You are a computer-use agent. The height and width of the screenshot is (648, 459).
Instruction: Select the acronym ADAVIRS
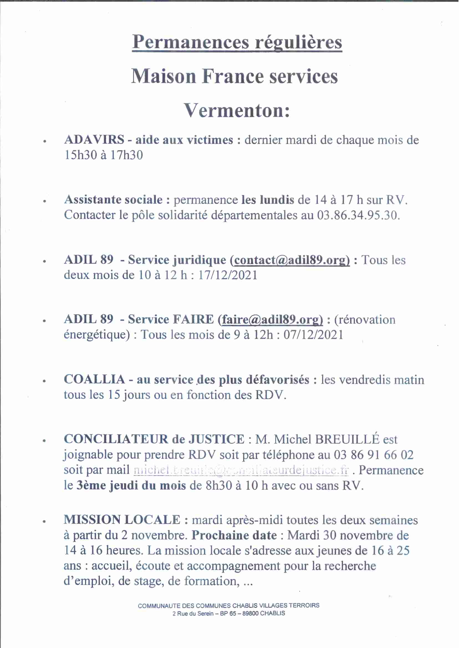(x=94, y=140)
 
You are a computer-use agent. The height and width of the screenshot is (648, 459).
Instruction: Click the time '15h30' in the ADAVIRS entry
(x=80, y=155)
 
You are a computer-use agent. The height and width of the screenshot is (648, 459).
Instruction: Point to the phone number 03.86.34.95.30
(x=358, y=215)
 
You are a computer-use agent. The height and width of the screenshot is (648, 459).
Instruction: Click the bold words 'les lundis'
(x=267, y=200)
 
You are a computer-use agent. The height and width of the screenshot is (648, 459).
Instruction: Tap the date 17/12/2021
(x=228, y=275)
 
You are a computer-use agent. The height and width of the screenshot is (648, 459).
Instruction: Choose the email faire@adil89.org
(x=272, y=319)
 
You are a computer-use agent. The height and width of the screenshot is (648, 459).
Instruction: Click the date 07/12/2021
(x=313, y=335)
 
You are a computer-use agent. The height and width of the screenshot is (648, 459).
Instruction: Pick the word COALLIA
(x=94, y=379)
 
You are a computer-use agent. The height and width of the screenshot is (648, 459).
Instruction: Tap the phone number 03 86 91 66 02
(x=374, y=455)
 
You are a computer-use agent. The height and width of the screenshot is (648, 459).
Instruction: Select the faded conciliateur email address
(x=241, y=470)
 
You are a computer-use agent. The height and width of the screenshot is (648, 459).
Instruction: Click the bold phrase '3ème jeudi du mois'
(x=131, y=485)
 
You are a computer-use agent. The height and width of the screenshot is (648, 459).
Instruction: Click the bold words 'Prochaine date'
(x=234, y=535)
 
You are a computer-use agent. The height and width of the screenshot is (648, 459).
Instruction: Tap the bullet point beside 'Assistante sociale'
(x=44, y=201)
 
